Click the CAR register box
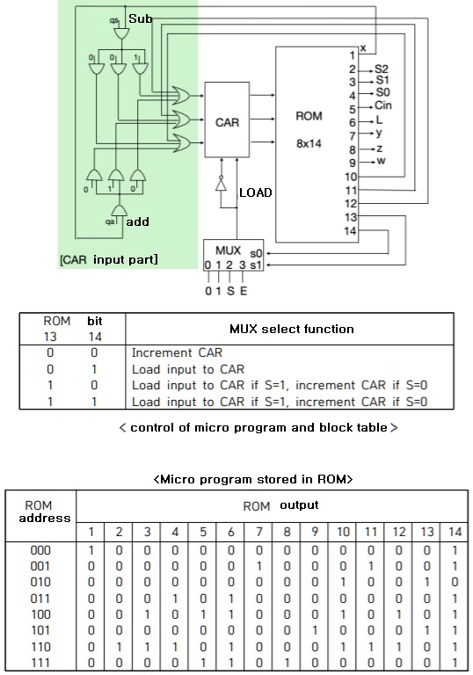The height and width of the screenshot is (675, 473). point(227,121)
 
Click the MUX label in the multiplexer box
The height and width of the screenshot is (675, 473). point(228,250)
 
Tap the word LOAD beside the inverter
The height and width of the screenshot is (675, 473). point(256,192)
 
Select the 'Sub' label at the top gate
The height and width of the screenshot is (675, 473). point(140,18)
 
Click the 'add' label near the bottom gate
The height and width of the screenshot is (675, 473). point(138,222)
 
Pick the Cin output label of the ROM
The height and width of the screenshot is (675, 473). point(384,105)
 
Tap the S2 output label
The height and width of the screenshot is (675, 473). point(382,69)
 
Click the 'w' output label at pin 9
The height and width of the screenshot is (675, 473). point(380,161)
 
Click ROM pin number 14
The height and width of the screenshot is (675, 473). point(352,231)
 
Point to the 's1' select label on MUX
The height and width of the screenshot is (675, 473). point(257,265)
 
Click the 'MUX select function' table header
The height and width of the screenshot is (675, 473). point(291,329)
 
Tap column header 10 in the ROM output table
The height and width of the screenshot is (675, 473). point(342,531)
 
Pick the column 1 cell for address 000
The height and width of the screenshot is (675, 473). point(91,548)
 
